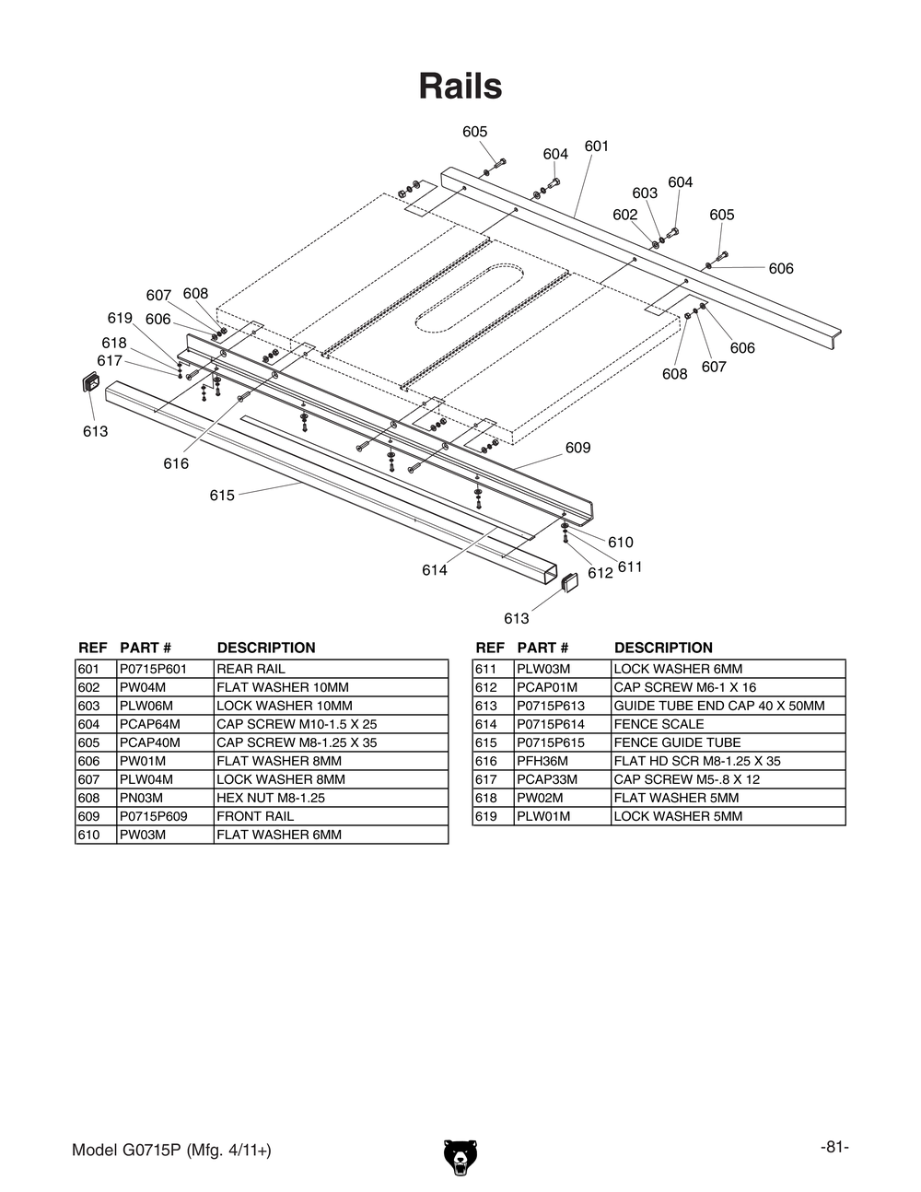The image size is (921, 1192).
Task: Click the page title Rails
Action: click(x=460, y=87)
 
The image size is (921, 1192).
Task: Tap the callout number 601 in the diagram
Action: click(x=596, y=146)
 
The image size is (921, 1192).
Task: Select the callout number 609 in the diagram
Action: click(x=577, y=448)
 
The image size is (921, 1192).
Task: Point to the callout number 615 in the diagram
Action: click(x=222, y=496)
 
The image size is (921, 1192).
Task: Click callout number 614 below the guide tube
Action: click(x=435, y=570)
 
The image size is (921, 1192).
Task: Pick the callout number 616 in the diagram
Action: click(x=176, y=463)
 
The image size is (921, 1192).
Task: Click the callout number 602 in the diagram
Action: click(x=624, y=215)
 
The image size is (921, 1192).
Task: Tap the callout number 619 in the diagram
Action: click(x=120, y=319)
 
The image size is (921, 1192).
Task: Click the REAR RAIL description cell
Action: click(x=251, y=669)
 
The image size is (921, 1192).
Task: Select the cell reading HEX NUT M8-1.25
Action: click(x=270, y=798)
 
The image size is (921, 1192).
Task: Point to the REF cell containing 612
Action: click(x=486, y=687)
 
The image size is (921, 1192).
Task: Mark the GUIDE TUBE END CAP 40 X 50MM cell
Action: click(x=718, y=706)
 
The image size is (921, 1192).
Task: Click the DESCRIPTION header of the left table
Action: click(x=265, y=648)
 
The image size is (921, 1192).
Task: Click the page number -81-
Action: click(x=834, y=1147)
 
